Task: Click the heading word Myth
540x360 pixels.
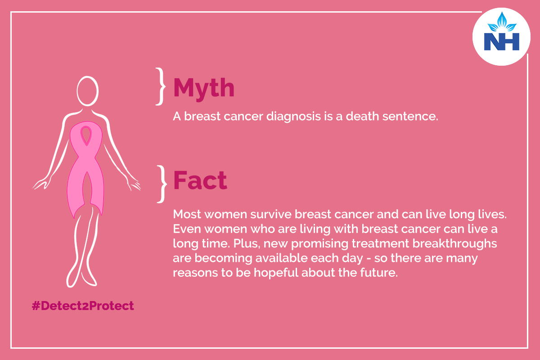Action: pos(204,89)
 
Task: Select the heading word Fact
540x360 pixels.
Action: pos(200,180)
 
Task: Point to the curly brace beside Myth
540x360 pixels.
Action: pos(161,86)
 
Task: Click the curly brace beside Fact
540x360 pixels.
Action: pos(162,184)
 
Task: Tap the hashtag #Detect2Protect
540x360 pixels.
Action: pos(83,306)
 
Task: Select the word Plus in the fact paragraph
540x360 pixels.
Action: pos(247,243)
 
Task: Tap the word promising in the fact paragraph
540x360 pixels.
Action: pos(319,244)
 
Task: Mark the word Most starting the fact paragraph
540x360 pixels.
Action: pos(187,214)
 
